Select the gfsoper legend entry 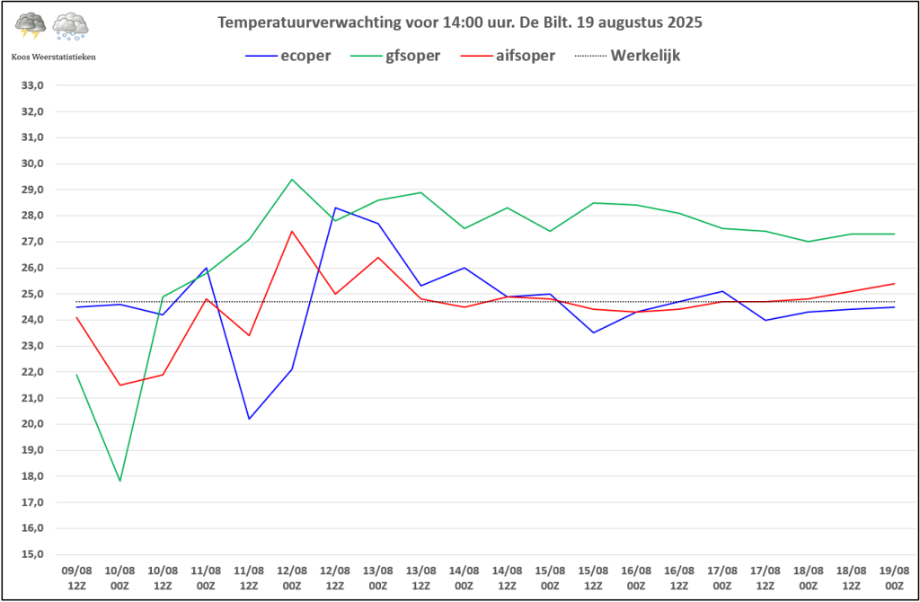(x=413, y=56)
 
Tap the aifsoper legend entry (x=526, y=56)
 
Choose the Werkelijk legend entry (x=645, y=56)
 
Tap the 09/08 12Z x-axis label (x=76, y=577)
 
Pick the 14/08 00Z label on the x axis (x=464, y=577)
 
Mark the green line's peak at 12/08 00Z (x=292, y=179)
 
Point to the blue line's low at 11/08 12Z (x=249, y=419)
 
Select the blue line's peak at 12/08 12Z (x=335, y=208)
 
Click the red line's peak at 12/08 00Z (x=292, y=231)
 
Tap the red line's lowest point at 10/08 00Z (x=119, y=385)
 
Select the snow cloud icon (x=70, y=26)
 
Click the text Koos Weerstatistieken (x=53, y=57)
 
